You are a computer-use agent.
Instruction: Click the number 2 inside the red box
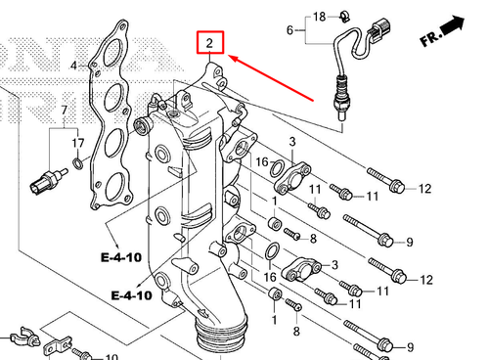(209, 43)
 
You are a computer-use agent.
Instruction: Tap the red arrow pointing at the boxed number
(271, 78)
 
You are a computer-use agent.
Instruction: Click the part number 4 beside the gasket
(74, 66)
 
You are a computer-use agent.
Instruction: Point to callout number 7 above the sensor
(64, 111)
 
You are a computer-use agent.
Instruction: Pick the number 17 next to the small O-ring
(78, 143)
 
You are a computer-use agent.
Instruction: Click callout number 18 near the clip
(320, 17)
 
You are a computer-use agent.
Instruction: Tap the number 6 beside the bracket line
(289, 30)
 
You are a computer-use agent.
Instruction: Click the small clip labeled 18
(344, 17)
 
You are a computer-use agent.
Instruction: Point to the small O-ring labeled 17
(77, 163)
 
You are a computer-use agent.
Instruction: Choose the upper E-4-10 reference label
(121, 257)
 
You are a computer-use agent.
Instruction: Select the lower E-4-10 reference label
(132, 295)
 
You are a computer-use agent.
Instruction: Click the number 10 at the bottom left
(111, 357)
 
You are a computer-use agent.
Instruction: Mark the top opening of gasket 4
(113, 52)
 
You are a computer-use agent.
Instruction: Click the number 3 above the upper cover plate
(292, 142)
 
